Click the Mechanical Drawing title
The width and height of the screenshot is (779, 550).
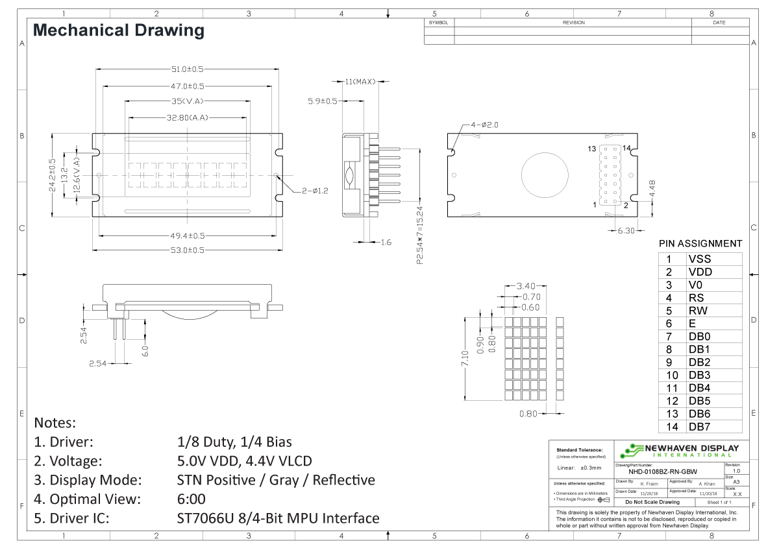pyautogui.click(x=118, y=30)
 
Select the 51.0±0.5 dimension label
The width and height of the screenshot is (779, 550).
pyautogui.click(x=187, y=69)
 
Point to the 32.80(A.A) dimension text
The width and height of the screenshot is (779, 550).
pyautogui.click(x=187, y=117)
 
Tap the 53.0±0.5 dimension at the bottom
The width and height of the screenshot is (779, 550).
pyautogui.click(x=187, y=250)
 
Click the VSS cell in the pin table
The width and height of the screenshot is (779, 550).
pyautogui.click(x=699, y=259)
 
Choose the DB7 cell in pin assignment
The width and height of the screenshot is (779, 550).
pyautogui.click(x=699, y=427)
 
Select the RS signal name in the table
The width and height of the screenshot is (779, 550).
pyautogui.click(x=696, y=298)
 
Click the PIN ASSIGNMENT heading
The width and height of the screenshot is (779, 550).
pyautogui.click(x=700, y=244)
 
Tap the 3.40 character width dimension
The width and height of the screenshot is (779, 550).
pyautogui.click(x=525, y=285)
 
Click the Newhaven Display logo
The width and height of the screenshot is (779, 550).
pyautogui.click(x=679, y=450)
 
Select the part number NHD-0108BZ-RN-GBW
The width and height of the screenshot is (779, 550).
pyautogui.click(x=667, y=472)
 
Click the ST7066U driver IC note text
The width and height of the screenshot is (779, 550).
pyautogui.click(x=278, y=518)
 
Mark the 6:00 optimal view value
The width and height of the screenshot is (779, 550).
pyautogui.click(x=191, y=499)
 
